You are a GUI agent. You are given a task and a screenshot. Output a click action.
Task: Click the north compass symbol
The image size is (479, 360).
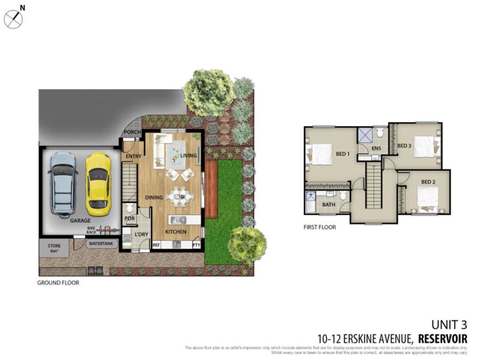point(13,19)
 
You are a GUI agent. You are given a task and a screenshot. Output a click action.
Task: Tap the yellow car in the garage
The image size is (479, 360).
point(98,184)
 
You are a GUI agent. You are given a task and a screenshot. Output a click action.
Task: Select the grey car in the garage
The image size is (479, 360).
point(64,182)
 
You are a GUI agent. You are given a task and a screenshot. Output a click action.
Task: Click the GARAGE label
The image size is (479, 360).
point(80,222)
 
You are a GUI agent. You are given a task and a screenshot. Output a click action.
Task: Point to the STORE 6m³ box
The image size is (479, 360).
point(54,249)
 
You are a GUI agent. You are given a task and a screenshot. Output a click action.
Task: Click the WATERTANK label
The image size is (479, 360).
point(101,244)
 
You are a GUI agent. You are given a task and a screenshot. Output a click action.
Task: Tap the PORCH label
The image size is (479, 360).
point(133,132)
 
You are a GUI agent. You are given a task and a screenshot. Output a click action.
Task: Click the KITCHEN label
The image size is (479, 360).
point(175,232)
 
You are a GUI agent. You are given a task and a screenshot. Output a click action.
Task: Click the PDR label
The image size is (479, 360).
point(129,219)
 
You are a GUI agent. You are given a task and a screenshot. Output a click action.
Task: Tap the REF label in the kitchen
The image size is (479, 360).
point(156,245)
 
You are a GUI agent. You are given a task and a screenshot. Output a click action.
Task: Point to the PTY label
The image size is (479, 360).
point(196,245)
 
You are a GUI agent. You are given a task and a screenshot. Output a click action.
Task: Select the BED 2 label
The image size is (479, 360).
point(428,181)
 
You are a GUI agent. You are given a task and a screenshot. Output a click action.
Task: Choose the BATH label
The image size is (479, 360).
point(329,205)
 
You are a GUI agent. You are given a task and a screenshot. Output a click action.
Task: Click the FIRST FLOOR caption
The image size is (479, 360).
point(319,228)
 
